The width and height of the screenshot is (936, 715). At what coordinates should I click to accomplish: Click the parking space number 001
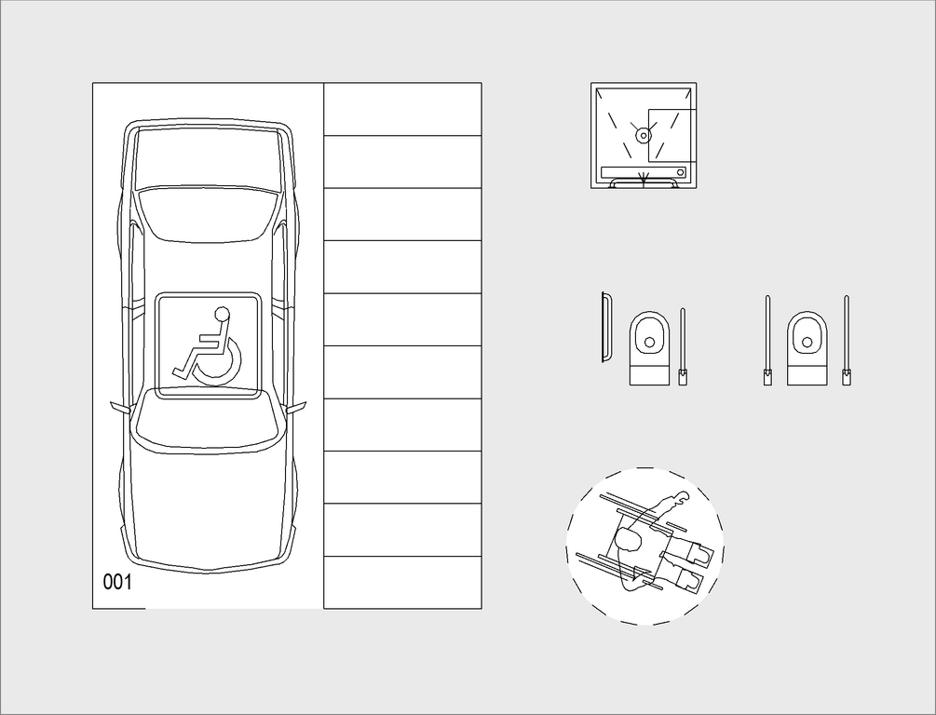pyautogui.click(x=117, y=582)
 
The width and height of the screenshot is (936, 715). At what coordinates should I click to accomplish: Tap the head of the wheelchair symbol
pyautogui.click(x=222, y=314)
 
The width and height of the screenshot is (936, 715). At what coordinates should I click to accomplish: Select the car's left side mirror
pyautogui.click(x=120, y=408)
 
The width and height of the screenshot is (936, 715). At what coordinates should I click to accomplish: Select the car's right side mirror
pyautogui.click(x=297, y=408)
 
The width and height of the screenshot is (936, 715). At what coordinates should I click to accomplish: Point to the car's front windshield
pyautogui.click(x=208, y=422)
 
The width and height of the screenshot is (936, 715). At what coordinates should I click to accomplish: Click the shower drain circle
pyautogui.click(x=643, y=136)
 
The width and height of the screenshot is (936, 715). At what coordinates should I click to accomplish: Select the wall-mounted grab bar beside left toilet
pyautogui.click(x=605, y=327)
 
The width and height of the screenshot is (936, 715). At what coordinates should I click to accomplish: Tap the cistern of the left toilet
pyautogui.click(x=649, y=376)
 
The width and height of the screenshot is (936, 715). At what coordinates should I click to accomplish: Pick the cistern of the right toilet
pyautogui.click(x=807, y=376)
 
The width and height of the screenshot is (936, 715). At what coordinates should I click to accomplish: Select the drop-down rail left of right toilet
pyautogui.click(x=767, y=340)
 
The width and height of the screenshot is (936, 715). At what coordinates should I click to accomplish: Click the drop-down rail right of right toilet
pyautogui.click(x=847, y=340)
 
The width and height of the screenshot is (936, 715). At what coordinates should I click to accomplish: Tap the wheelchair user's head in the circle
pyautogui.click(x=628, y=541)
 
